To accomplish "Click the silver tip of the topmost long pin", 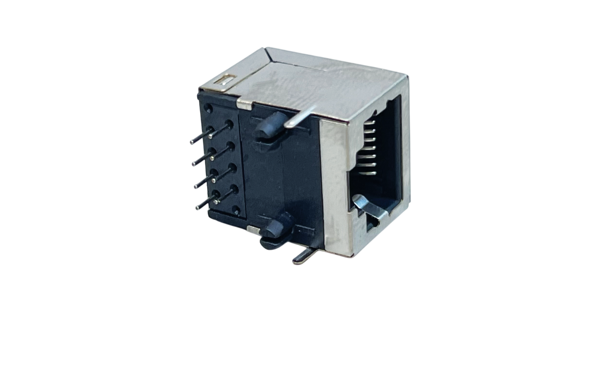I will tap(192, 142).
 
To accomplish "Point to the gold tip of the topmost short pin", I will tap(210, 137).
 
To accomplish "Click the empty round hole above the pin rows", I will tap(208, 109).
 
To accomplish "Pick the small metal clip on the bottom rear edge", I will tap(254, 231).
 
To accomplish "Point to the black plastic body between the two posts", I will tap(286, 176).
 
